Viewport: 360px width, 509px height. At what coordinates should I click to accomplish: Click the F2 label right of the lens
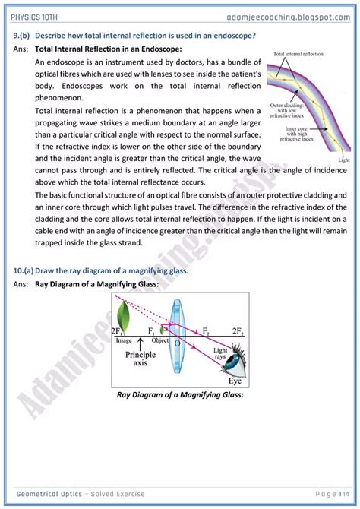click(x=207, y=331)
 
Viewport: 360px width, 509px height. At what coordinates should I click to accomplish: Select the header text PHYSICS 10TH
click(x=36, y=14)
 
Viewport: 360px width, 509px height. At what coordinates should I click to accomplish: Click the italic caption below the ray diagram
click(x=179, y=395)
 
